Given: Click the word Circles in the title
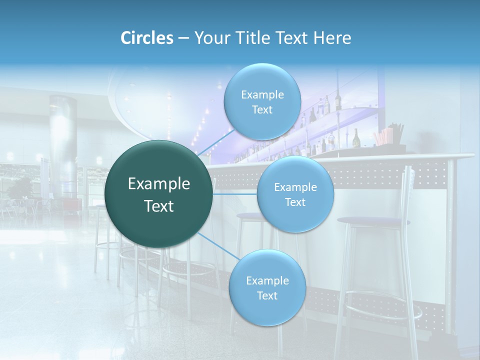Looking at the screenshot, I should click(147, 38).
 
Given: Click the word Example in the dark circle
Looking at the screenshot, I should click(159, 184).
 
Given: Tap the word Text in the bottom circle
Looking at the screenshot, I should click(267, 295).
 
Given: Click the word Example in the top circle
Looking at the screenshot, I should click(262, 94).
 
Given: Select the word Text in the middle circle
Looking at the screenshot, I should click(295, 202).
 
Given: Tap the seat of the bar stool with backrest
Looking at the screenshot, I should click(373, 220).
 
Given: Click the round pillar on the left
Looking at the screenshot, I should click(62, 145).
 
